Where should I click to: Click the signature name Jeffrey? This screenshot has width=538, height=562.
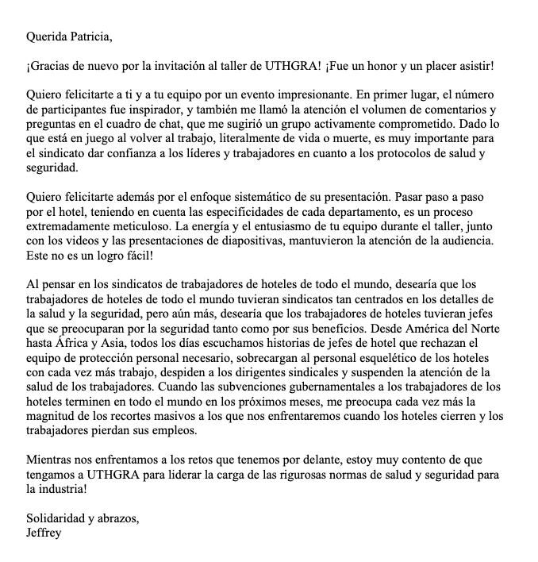click(x=44, y=533)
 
